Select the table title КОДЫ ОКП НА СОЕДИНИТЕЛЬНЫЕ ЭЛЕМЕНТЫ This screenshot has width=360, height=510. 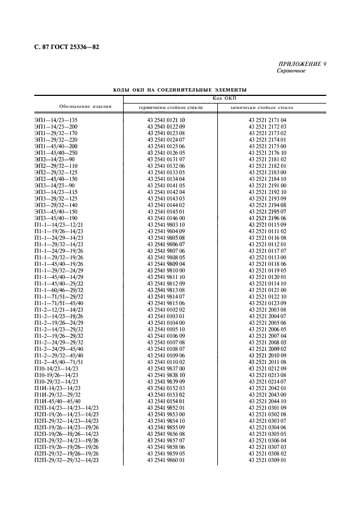(x=180, y=89)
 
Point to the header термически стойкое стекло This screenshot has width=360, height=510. (x=170, y=108)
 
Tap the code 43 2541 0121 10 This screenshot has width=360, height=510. (x=166, y=120)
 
